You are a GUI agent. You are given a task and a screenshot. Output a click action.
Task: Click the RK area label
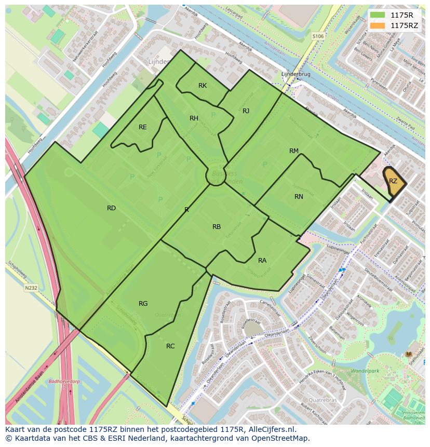pyautogui.click(x=203, y=86)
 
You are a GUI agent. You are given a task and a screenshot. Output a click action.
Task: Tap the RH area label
pyautogui.click(x=194, y=118)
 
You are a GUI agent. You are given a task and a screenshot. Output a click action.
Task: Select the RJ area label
pyautogui.click(x=246, y=111)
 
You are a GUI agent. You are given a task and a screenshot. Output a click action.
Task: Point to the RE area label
pyautogui.click(x=143, y=127)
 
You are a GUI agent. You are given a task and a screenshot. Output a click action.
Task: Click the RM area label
pyautogui.click(x=294, y=151)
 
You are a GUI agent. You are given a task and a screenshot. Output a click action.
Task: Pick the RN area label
pyautogui.click(x=299, y=197)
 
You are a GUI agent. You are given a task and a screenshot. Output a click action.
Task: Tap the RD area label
pyautogui.click(x=111, y=208)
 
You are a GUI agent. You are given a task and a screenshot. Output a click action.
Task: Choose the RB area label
pyautogui.click(x=217, y=227)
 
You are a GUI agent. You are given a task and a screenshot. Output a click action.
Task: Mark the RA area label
pyautogui.click(x=262, y=261)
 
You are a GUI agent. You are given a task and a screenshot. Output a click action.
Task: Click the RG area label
pyautogui.click(x=143, y=304)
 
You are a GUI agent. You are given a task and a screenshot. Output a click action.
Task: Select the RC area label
pyautogui.click(x=170, y=346)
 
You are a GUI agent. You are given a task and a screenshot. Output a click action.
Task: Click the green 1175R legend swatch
pyautogui.click(x=378, y=15)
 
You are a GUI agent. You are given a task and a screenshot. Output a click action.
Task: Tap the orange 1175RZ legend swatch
pyautogui.click(x=378, y=25)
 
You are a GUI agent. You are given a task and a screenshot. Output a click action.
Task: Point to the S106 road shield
pyautogui.click(x=318, y=36)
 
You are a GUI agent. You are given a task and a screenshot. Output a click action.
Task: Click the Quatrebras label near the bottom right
pyautogui.click(x=322, y=400)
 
